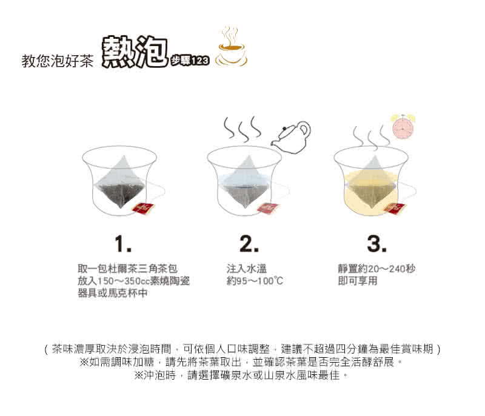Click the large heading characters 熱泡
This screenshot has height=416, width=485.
click(135, 52)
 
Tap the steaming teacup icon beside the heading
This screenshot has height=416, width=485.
click(232, 47)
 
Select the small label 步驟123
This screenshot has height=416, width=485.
click(190, 61)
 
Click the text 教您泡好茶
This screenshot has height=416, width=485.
click(57, 61)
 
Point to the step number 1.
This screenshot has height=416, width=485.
click(123, 244)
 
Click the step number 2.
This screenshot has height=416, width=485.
click(249, 244)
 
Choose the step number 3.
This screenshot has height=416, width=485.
click(376, 244)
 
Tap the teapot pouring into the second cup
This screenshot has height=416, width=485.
click(291, 137)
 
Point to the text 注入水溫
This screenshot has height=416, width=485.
click(247, 269)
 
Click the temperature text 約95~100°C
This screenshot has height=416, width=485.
click(255, 281)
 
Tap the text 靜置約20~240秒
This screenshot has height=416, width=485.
click(376, 269)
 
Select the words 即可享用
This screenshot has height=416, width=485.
click(358, 281)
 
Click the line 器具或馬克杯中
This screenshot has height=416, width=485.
click(113, 292)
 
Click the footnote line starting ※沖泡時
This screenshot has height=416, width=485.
click(241, 375)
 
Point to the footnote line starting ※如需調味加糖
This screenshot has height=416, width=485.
click(241, 362)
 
